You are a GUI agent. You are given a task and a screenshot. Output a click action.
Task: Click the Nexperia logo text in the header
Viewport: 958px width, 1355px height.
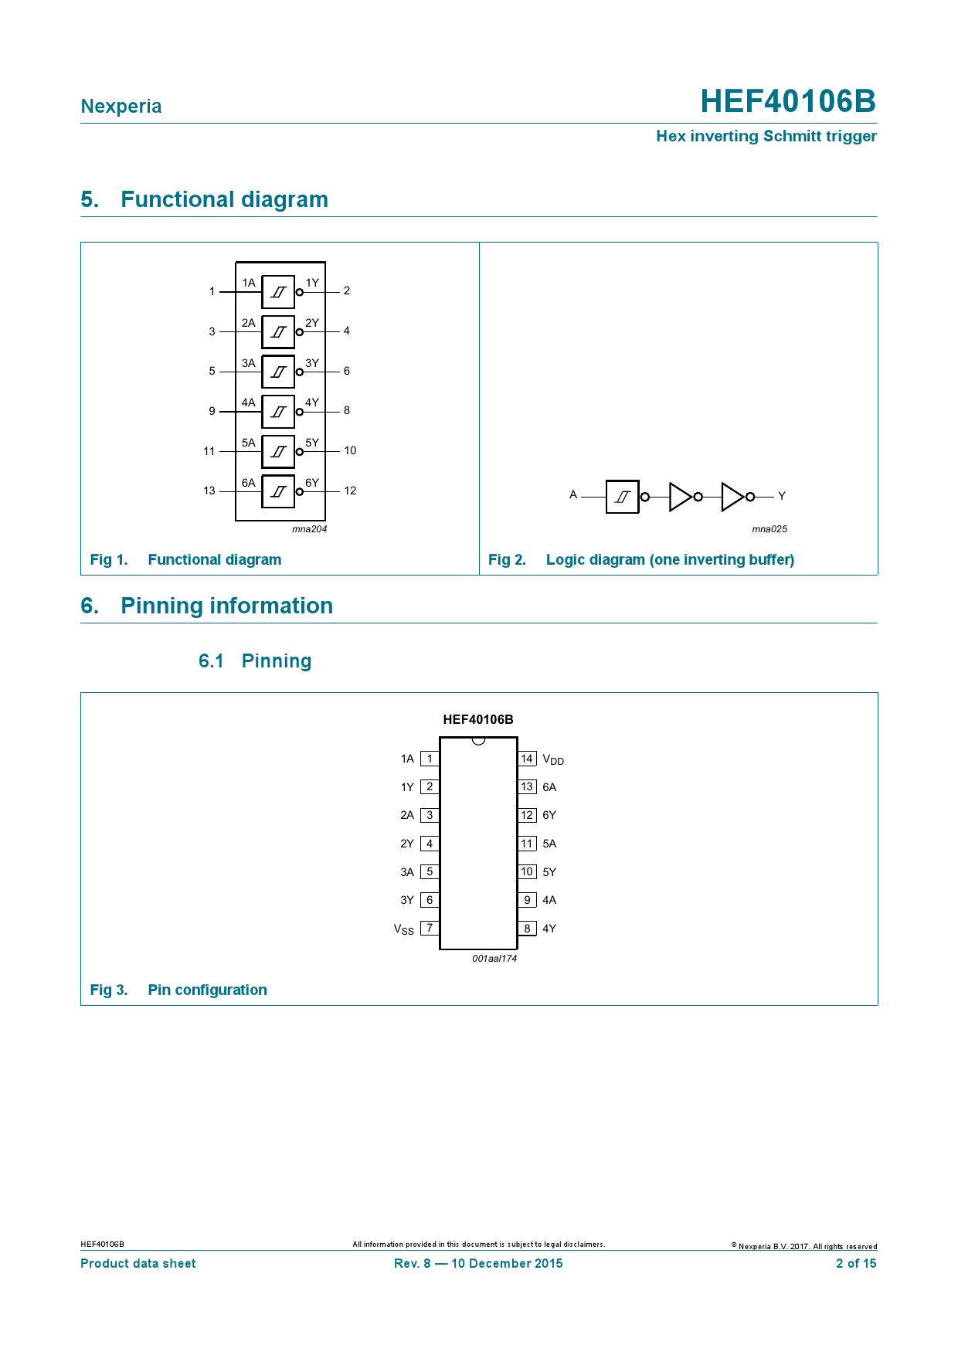coord(121,107)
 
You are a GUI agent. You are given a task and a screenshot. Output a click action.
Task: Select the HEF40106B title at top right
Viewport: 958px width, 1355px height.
coord(788,101)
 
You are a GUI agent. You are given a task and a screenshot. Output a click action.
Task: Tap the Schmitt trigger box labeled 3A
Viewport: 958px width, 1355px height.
coord(278,372)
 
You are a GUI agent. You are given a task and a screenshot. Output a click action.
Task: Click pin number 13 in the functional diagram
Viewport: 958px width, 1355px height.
coord(209,491)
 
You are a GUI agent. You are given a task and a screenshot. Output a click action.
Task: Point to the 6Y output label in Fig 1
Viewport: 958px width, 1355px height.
coord(312,483)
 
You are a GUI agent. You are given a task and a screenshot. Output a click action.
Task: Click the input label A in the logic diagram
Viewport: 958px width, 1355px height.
coord(573,494)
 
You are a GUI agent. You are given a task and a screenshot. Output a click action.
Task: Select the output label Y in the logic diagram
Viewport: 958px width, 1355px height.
coord(782,496)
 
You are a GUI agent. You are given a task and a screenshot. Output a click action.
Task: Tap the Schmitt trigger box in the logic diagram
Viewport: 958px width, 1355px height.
coord(622,497)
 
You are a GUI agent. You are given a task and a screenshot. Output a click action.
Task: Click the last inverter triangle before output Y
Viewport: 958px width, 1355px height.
coord(732,497)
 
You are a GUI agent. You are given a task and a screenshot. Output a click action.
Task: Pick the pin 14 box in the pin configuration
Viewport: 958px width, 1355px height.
coord(527,759)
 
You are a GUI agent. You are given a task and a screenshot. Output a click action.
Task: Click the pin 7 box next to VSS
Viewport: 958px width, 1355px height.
coord(430,928)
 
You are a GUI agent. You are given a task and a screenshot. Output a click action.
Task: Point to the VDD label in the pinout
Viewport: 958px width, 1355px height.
coord(553,759)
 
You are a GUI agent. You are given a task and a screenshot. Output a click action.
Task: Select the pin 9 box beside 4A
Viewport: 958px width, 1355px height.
coord(527,900)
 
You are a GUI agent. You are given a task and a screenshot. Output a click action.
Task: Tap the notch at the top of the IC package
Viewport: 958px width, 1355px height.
coord(478,741)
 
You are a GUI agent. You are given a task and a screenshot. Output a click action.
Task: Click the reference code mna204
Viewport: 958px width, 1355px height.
coord(310,529)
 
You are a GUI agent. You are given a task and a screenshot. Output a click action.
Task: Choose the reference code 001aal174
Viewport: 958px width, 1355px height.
coord(494,959)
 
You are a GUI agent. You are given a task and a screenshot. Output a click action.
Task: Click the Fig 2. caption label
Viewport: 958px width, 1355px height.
coord(507,559)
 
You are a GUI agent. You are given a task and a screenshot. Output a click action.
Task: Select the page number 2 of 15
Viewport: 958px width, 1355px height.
coord(856,1263)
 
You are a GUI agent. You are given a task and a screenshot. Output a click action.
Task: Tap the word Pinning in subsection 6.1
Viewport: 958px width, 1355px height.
coord(277,661)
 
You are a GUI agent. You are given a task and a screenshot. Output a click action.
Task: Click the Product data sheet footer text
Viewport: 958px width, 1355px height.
coord(138,1263)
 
